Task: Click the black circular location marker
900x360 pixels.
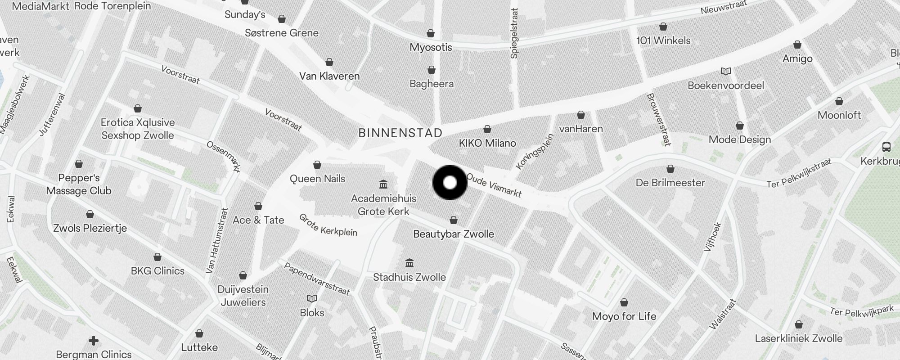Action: click(450, 183)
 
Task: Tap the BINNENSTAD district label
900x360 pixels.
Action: click(400, 133)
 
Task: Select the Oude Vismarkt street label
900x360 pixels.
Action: click(494, 185)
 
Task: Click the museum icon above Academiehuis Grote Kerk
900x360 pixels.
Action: click(383, 184)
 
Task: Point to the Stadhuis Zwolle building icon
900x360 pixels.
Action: click(409, 263)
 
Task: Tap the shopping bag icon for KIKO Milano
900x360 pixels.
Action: click(487, 130)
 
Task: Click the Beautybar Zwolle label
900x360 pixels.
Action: click(453, 234)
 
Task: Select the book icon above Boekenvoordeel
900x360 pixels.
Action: click(725, 71)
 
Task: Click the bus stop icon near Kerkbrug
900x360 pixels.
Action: click(886, 147)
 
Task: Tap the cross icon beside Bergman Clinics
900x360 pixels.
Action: click(93, 341)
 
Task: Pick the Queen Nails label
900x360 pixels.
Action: click(317, 179)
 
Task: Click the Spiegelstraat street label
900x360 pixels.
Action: click(515, 33)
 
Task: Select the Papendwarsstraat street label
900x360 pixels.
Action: click(316, 279)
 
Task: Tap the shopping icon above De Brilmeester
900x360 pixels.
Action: click(670, 169)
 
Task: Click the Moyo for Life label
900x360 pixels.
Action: click(624, 316)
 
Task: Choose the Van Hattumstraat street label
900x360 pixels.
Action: click(217, 241)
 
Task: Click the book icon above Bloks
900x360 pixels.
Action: click(312, 298)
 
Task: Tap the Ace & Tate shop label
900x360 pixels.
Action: click(258, 220)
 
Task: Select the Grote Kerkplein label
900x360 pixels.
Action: click(328, 225)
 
